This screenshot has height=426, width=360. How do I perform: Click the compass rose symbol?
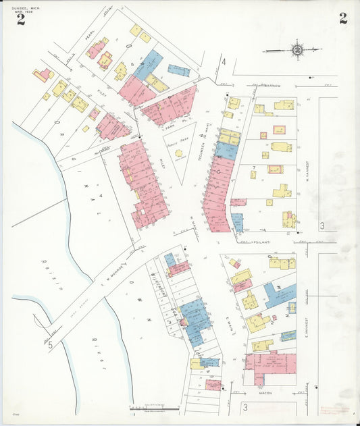pyautogui.click(x=297, y=49)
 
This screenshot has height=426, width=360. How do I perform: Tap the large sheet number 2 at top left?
pyautogui.click(x=21, y=19)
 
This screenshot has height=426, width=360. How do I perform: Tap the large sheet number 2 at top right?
pyautogui.click(x=343, y=18)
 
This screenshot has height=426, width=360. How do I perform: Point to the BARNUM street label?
pyautogui.click(x=272, y=86)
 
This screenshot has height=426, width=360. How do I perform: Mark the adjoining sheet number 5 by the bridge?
pyautogui.click(x=50, y=344)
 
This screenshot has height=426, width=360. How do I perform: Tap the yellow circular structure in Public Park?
pyautogui.click(x=179, y=153)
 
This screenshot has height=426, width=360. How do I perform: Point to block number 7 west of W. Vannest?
pyautogui.click(x=254, y=166)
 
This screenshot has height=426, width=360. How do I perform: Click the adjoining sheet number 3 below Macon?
pyautogui.click(x=245, y=407)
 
